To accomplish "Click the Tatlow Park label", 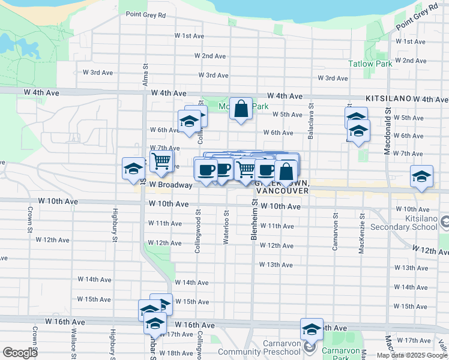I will point(370,64).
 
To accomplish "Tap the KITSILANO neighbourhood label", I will point(387,98).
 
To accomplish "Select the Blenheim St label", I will point(254,222).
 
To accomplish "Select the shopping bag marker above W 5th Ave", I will point(241,109).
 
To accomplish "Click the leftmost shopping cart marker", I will point(161,161).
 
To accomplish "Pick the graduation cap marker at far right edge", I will point(422,177).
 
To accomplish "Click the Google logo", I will point(20,353).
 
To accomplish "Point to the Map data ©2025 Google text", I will point(412,355).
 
